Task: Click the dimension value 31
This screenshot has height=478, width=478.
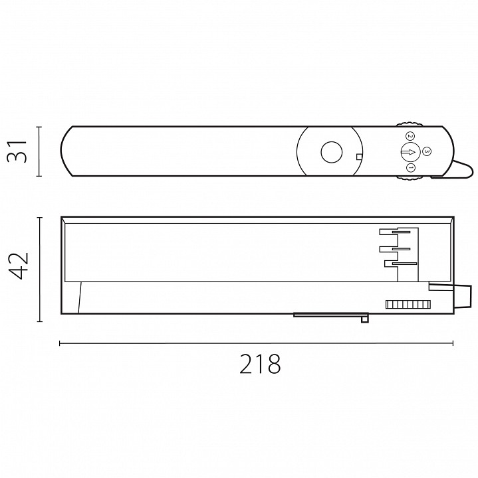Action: click(17, 151)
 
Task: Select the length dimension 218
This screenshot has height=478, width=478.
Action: click(260, 364)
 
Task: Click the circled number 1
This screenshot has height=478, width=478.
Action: click(411, 167)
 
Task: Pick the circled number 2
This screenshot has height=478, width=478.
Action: click(410, 136)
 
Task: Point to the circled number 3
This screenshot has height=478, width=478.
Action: click(427, 151)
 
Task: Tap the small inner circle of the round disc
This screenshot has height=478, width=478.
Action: click(332, 152)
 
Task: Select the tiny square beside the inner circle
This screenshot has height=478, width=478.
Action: click(359, 157)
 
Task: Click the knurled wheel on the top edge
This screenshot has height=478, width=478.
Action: click(410, 124)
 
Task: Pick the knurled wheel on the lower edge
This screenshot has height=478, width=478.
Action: click(410, 179)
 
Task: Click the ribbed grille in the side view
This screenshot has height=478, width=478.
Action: click(408, 304)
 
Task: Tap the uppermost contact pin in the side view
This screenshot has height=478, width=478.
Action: click(402, 232)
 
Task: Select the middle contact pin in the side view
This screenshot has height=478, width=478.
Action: click(401, 249)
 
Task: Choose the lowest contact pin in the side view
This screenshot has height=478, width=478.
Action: click(404, 264)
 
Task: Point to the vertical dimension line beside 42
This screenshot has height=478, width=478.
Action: click(39, 270)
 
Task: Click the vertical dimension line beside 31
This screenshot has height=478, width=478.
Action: click(39, 151)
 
